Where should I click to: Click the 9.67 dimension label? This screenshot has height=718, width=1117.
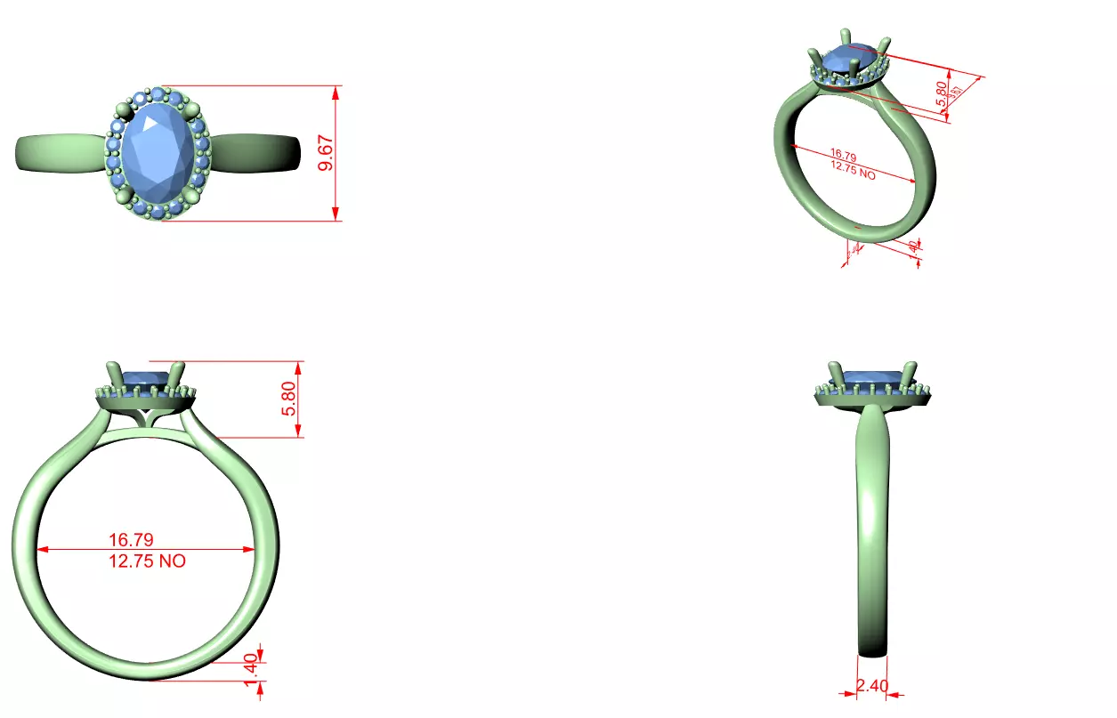click(327, 153)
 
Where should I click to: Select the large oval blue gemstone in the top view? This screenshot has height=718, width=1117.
click(158, 153)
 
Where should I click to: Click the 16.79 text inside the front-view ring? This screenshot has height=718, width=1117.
click(132, 539)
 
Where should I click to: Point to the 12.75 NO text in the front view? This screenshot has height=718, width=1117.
click(148, 561)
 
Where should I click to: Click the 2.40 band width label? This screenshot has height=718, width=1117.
click(872, 686)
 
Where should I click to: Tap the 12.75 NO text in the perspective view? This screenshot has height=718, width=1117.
click(853, 170)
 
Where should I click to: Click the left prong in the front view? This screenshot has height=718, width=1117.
click(113, 375)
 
